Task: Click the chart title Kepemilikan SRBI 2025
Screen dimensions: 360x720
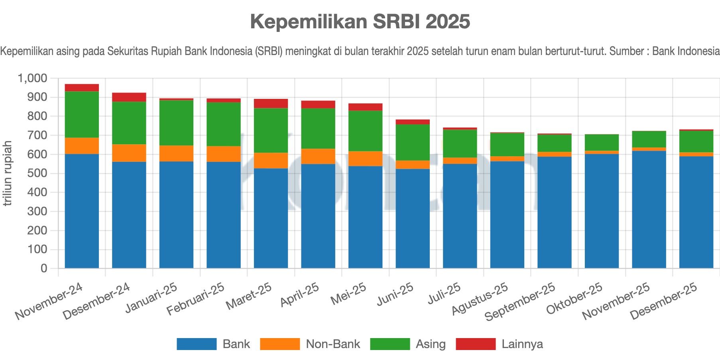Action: click(x=360, y=22)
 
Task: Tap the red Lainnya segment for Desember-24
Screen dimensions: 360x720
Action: click(x=129, y=97)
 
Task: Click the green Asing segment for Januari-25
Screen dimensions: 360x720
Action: click(x=176, y=123)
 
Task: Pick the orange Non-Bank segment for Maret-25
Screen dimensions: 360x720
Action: click(x=271, y=161)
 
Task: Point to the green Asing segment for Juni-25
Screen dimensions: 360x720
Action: click(x=413, y=143)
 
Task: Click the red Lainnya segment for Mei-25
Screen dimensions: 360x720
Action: click(x=365, y=107)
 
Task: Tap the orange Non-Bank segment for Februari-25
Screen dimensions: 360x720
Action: click(x=223, y=154)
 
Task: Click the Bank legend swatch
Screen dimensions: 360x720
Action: click(x=197, y=344)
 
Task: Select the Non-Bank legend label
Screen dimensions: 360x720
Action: click(x=333, y=344)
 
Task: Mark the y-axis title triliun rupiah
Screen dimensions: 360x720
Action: click(x=7, y=173)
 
